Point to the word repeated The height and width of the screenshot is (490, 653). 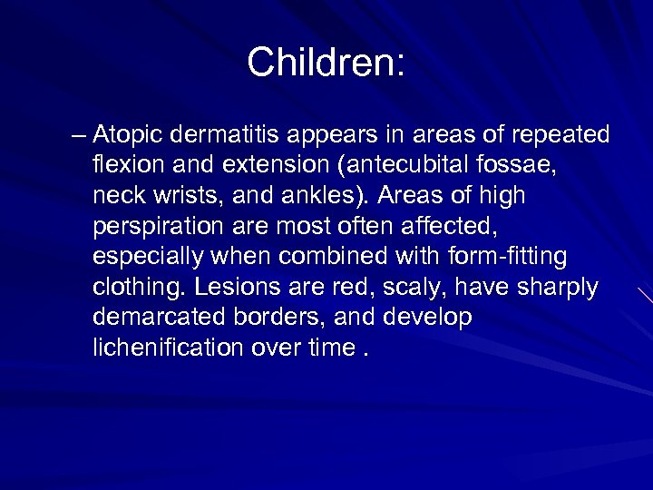click(x=560, y=136)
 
